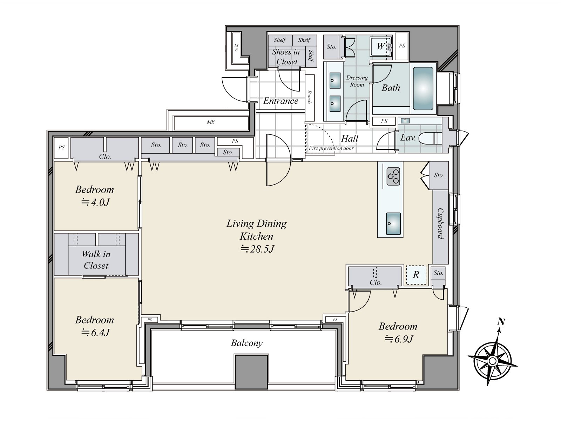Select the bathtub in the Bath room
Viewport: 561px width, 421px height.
click(x=423, y=88)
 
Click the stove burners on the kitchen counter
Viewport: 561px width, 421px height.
click(x=393, y=176)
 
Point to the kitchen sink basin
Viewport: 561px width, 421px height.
click(x=393, y=223)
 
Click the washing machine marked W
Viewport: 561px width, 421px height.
click(x=380, y=46)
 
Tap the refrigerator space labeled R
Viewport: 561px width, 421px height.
click(x=416, y=275)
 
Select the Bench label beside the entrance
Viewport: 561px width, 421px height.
click(x=309, y=97)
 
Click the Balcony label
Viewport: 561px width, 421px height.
click(x=246, y=343)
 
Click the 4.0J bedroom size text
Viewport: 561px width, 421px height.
click(x=95, y=202)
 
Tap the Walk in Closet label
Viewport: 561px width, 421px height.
click(x=96, y=260)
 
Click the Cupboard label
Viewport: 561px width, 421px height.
click(x=440, y=223)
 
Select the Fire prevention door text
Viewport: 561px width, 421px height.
click(x=331, y=148)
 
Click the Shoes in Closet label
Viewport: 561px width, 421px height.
click(x=286, y=57)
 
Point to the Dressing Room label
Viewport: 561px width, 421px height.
click(x=357, y=81)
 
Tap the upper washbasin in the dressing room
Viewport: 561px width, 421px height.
click(x=335, y=80)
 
